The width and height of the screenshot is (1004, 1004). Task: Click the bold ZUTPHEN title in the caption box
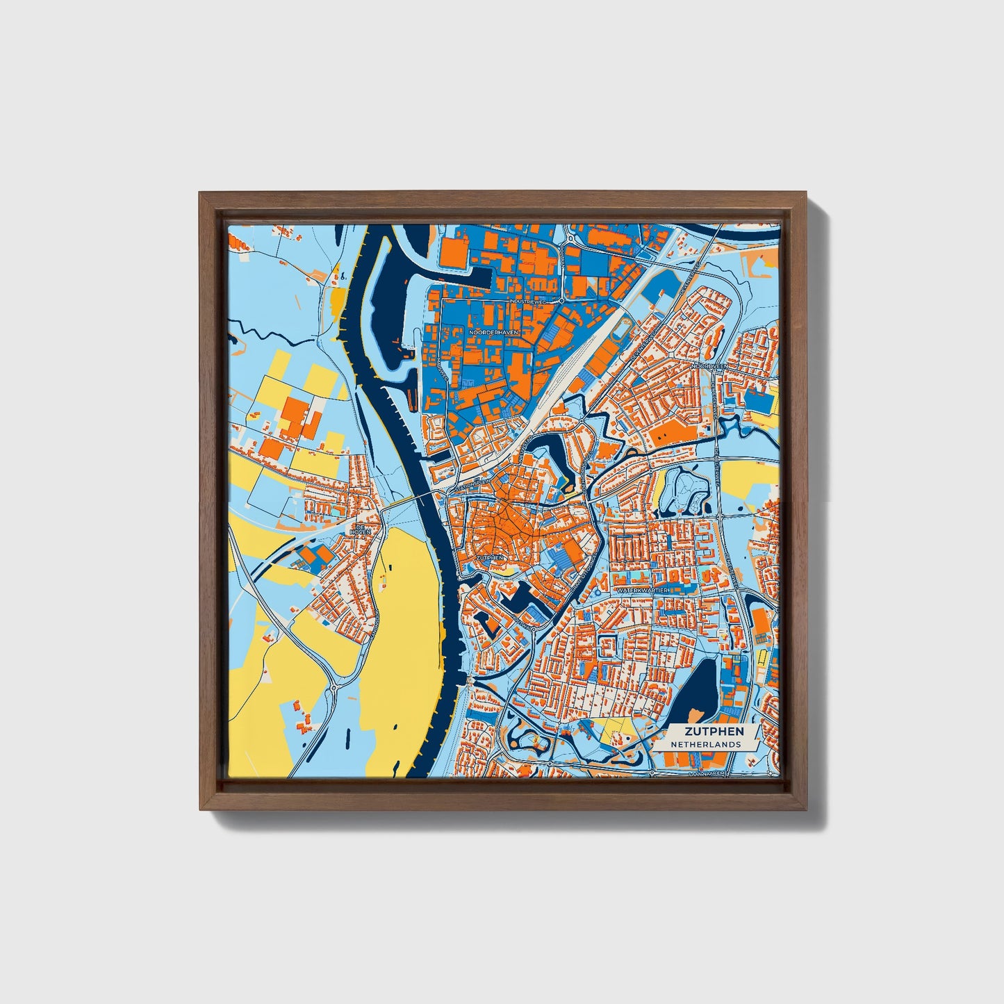(x=714, y=731)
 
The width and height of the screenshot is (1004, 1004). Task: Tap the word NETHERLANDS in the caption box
(x=705, y=744)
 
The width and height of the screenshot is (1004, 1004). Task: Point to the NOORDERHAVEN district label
(x=493, y=333)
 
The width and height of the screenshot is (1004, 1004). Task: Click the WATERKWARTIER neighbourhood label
(x=642, y=590)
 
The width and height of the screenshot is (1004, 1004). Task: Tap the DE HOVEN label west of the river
(x=361, y=531)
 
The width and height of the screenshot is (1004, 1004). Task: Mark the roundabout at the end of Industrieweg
(x=561, y=302)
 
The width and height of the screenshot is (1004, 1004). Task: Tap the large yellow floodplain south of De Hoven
(x=406, y=625)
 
